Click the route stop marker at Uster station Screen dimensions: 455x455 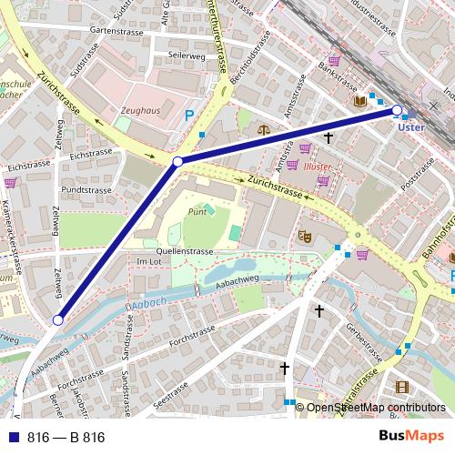(397, 110)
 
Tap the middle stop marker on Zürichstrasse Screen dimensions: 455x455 (178, 161)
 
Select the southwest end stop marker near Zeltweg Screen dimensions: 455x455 (57, 319)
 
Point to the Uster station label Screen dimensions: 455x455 (411, 128)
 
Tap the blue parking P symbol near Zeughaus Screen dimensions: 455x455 (189, 116)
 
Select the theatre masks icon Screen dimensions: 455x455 (304, 236)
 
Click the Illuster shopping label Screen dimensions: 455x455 (318, 167)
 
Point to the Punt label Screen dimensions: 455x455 (197, 211)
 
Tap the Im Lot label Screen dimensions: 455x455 (147, 262)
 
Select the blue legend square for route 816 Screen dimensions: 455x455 (11, 437)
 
